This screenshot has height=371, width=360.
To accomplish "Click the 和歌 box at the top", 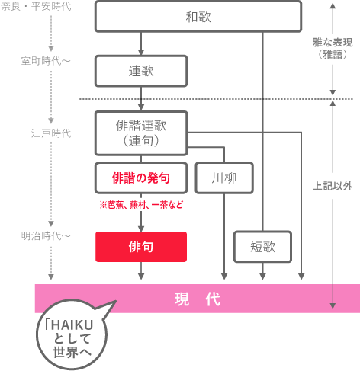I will pos(198,16).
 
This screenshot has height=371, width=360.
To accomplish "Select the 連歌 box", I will pos(141,71).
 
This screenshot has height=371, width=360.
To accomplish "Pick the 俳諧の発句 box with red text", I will pos(141,178).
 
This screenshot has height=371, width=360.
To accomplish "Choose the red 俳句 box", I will pos(141,247).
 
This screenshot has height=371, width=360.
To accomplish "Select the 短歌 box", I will pos(263,247).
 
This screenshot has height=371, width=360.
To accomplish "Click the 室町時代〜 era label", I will pos(46,59).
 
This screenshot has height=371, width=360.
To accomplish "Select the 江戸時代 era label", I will pos(51,133).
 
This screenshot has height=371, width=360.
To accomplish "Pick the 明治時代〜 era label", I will pos(46,236).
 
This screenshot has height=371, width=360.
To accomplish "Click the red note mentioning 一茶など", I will pos(141,205).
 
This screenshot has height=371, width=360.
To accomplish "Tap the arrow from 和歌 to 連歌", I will pos(141,43).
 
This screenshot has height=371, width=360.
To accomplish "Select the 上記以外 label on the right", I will pos(333,185).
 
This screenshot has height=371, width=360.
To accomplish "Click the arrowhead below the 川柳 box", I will pos(223,276).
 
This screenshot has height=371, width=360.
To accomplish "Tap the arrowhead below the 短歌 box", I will pos(263,276).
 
